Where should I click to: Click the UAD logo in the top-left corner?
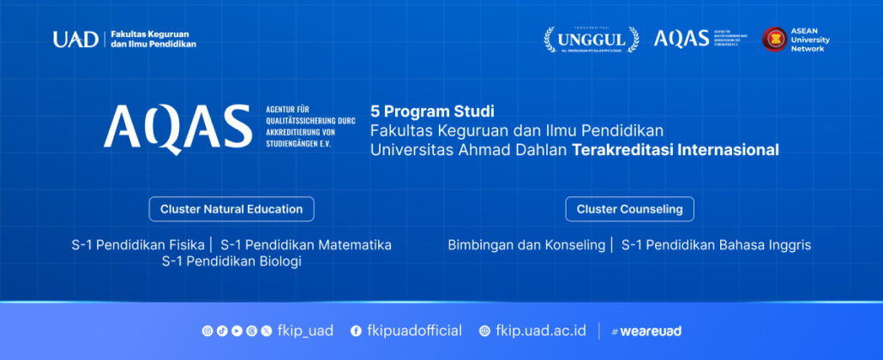pyautogui.click(x=75, y=39)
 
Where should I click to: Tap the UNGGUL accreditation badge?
pyautogui.click(x=592, y=39)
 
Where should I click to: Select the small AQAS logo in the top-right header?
pyautogui.click(x=682, y=39)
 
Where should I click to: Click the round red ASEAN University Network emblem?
pyautogui.click(x=775, y=39)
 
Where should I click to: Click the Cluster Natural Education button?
pyautogui.click(x=231, y=209)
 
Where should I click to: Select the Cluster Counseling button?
pyautogui.click(x=629, y=209)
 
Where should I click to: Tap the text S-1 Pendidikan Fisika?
pyautogui.click(x=138, y=245)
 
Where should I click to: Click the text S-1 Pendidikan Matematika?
pyautogui.click(x=305, y=245)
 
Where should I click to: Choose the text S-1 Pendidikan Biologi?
pyautogui.click(x=231, y=261)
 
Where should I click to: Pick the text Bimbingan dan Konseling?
pyautogui.click(x=526, y=245)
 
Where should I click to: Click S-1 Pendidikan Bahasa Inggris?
pyautogui.click(x=716, y=245)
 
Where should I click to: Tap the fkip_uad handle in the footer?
pyautogui.click(x=305, y=331)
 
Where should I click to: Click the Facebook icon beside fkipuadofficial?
pyautogui.click(x=356, y=331)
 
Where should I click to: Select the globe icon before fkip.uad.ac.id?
pyautogui.click(x=484, y=331)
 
